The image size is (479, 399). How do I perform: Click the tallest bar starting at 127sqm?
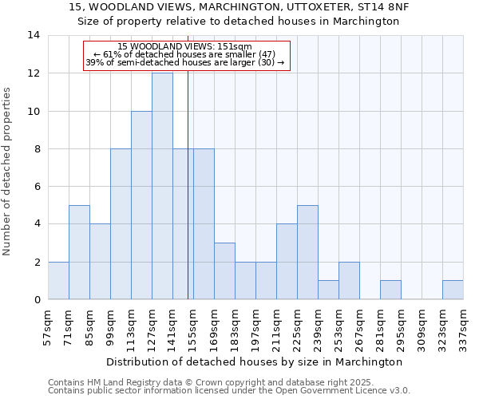pyautogui.click(x=162, y=186)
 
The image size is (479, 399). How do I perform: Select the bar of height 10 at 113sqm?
pyautogui.click(x=141, y=205)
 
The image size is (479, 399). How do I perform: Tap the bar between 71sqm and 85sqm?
pyautogui.click(x=79, y=252)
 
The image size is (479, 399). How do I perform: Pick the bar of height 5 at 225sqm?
pyautogui.click(x=307, y=252)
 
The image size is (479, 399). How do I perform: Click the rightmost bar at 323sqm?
pyautogui.click(x=453, y=290)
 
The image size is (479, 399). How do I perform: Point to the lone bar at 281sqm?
pyautogui.click(x=390, y=290)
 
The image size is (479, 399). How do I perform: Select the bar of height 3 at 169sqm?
pyautogui.click(x=224, y=271)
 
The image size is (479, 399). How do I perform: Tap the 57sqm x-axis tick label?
pyautogui.click(x=48, y=329)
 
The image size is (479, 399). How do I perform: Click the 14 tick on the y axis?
pyautogui.click(x=34, y=35)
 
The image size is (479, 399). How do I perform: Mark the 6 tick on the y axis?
pyautogui.click(x=37, y=187)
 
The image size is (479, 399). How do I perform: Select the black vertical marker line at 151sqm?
pyautogui.click(x=188, y=199)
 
